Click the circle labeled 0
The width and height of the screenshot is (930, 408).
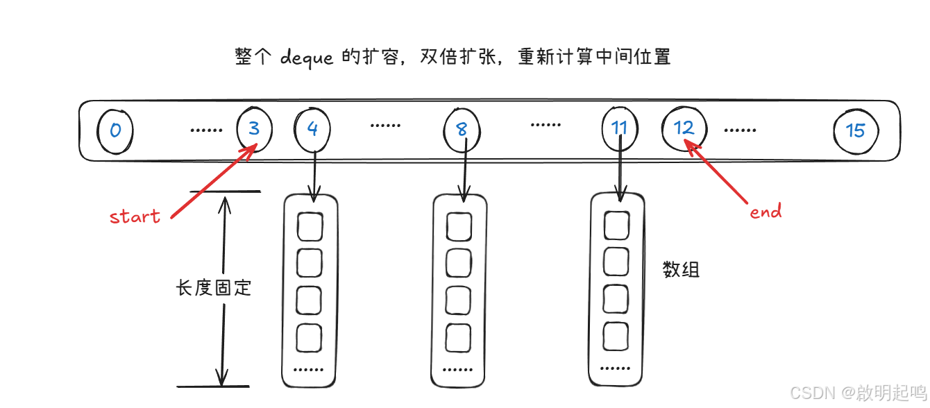tap(115, 130)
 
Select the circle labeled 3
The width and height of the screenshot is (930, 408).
tap(254, 129)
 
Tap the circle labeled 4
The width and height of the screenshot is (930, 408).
tap(312, 129)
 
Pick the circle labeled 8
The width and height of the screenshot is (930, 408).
tap(462, 129)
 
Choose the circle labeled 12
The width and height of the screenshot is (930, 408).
tap(684, 128)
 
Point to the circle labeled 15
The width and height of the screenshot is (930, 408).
tap(856, 130)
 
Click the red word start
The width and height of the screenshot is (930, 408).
tap(135, 216)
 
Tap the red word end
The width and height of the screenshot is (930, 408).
tap(766, 212)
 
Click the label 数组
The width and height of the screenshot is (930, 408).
tap(682, 269)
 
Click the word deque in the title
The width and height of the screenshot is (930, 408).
tap(308, 57)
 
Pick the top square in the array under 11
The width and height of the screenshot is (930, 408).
tap(616, 224)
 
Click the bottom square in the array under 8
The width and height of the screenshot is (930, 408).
tap(459, 337)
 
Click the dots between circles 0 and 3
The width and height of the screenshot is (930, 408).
tap(206, 130)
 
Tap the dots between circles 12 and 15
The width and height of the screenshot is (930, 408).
tap(740, 130)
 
